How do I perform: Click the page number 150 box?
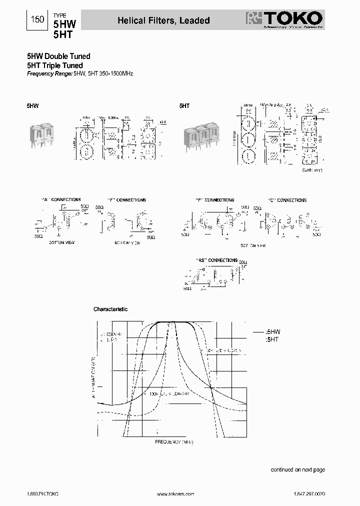37,20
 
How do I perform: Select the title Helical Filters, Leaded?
163,20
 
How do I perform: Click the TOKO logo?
284,20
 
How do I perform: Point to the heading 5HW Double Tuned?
58,57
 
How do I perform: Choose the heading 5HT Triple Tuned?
54,65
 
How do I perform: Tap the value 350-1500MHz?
115,74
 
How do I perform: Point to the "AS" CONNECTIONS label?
216,260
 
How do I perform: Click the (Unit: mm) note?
313,170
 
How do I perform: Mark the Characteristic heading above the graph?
110,309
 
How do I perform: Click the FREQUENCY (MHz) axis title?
174,442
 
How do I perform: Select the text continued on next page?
297,470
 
